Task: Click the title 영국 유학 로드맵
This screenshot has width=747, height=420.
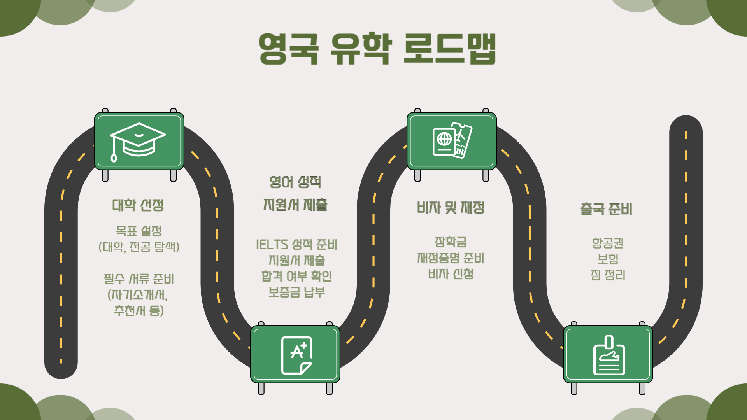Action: point(377,49)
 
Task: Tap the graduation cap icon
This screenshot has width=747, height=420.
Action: point(138,141)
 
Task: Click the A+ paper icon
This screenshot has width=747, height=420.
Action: point(296,355)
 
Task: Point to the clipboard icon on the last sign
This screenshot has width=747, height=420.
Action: point(609,355)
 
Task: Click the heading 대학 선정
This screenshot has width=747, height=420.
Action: point(138,205)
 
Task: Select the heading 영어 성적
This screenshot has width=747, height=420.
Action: point(295,182)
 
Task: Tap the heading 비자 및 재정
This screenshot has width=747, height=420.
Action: point(451,207)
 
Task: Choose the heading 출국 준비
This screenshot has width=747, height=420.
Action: point(606,209)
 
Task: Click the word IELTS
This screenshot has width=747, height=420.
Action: point(272,245)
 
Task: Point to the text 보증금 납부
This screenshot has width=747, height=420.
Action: point(296,292)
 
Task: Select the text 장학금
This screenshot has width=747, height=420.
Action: point(451,242)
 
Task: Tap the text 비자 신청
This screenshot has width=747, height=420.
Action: point(451,274)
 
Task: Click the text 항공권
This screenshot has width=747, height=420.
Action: point(608,243)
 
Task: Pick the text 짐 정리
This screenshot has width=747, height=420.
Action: point(608,275)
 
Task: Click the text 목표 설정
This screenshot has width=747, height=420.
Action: point(139,231)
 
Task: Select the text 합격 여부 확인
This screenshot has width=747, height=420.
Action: point(296,276)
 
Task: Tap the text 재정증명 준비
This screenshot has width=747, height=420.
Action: point(451,258)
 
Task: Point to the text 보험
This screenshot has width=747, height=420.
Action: point(608,259)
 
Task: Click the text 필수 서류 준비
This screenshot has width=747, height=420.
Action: point(139,279)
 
